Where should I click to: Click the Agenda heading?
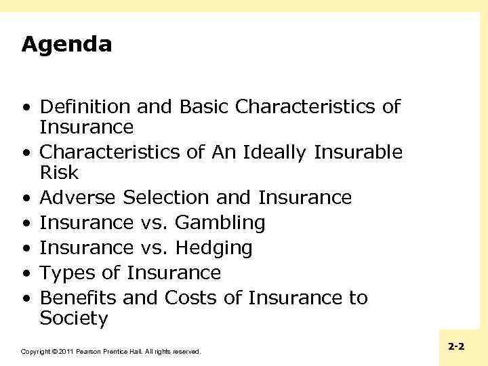coord(66,45)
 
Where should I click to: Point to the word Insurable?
coord(359,152)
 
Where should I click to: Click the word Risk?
coord(59,173)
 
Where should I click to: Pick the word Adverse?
coord(79,198)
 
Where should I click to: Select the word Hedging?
coord(214,248)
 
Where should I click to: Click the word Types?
coord(67,273)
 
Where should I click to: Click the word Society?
coord(74,319)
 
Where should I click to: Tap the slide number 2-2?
coord(456,346)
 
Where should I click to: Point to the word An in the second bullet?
coord(223,152)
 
